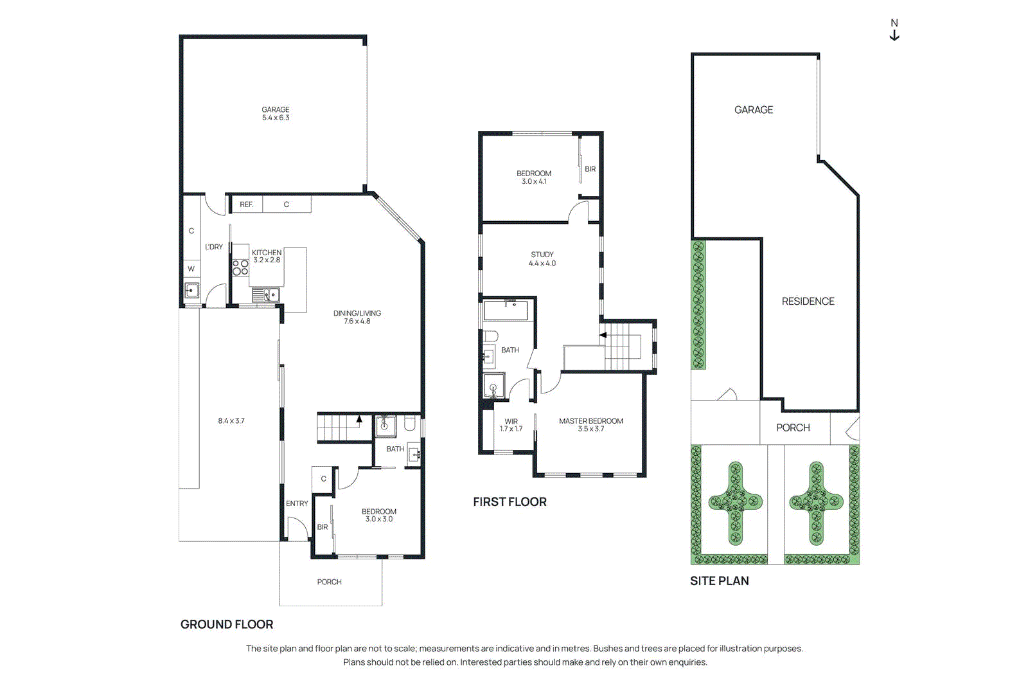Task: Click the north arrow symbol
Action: (x=894, y=31)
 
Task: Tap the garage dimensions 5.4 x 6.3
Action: (x=276, y=118)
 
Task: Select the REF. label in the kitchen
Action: (x=246, y=204)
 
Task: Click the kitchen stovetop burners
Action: (x=240, y=267)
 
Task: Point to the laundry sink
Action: (x=191, y=291)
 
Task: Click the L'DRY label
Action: (x=214, y=247)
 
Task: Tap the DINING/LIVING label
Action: (x=357, y=313)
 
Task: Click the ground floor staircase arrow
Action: (x=359, y=419)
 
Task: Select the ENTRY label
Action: (x=297, y=503)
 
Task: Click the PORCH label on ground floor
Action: (x=329, y=582)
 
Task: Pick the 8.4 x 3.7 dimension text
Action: (x=231, y=421)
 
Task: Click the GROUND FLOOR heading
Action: (x=227, y=624)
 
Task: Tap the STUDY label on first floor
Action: (x=542, y=255)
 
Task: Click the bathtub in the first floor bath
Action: (x=506, y=311)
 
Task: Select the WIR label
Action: (x=511, y=422)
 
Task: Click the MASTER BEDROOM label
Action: (x=590, y=421)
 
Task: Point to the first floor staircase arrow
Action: (x=603, y=335)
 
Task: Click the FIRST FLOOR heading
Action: (x=510, y=502)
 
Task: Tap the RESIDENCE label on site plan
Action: (x=808, y=302)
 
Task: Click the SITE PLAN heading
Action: (x=719, y=581)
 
